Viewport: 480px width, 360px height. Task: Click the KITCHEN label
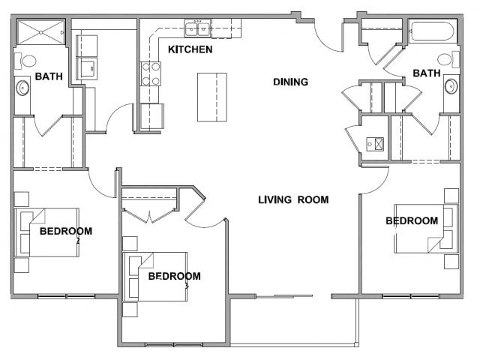point(190,49)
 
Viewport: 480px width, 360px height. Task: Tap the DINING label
point(290,82)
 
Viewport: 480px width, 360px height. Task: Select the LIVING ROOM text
point(293,200)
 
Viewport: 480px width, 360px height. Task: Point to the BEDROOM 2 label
point(66,233)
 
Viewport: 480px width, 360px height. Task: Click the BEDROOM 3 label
point(175,278)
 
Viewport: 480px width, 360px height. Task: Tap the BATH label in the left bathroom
point(49,76)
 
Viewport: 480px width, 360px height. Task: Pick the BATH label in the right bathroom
point(427,73)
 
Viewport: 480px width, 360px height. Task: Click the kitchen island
point(211,97)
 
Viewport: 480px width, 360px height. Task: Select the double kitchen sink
point(197,29)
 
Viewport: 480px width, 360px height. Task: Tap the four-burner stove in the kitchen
point(150,73)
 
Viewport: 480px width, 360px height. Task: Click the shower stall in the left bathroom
point(40,32)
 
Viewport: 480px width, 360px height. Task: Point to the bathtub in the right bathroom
point(433,31)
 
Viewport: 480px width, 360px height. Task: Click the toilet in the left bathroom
point(25,61)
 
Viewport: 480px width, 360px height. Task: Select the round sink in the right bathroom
point(451,86)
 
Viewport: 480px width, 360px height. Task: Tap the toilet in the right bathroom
point(448,59)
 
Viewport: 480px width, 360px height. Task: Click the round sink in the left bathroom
point(22,88)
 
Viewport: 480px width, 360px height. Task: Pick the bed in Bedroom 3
point(155,277)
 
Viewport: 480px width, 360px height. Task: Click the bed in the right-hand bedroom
point(426,229)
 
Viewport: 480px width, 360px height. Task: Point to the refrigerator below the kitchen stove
point(151,116)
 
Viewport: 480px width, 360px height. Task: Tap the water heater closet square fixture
point(375,144)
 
